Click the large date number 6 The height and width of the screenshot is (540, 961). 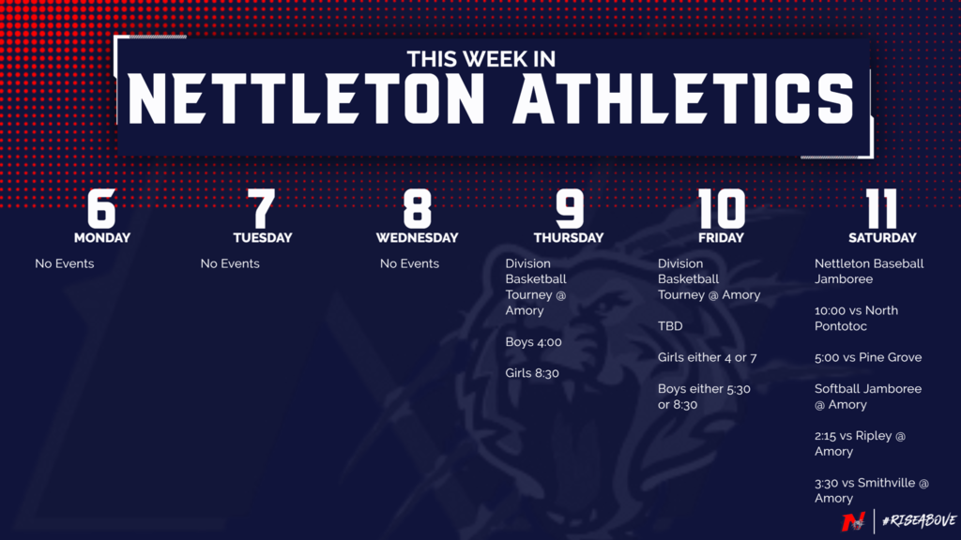(x=101, y=208)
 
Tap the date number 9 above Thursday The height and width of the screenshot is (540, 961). (x=570, y=208)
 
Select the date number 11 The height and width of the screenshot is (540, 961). (x=881, y=208)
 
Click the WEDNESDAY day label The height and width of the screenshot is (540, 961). (x=417, y=237)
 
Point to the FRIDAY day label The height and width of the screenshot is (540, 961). (x=721, y=237)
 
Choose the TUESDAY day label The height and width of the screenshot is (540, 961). (x=263, y=237)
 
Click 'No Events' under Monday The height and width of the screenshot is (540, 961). (x=65, y=263)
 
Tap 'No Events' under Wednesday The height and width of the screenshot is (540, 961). (x=409, y=263)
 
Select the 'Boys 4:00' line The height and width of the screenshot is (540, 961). (x=533, y=342)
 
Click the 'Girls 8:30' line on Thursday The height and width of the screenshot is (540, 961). (x=532, y=373)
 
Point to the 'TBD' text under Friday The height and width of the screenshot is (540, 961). (x=670, y=326)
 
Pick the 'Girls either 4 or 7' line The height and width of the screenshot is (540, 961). (x=708, y=357)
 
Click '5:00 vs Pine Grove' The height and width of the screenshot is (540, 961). (x=868, y=357)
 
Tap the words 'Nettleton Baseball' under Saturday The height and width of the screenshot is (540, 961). (x=869, y=263)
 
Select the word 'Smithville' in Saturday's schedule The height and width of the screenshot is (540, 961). (x=886, y=483)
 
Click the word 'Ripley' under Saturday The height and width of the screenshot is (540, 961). (x=874, y=436)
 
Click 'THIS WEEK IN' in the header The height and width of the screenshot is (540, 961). (x=481, y=59)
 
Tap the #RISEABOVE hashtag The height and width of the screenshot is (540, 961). (x=919, y=520)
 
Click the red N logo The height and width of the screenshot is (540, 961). (x=853, y=521)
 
